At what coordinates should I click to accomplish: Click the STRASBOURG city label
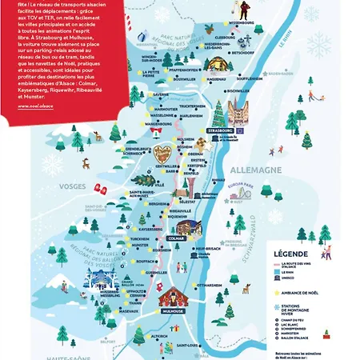point(218,129)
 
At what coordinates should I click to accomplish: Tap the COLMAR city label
point(178,238)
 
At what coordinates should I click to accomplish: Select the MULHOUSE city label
point(172,310)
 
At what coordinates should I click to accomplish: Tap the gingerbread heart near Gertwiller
point(165,154)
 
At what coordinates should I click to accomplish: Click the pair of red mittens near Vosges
point(101,188)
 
